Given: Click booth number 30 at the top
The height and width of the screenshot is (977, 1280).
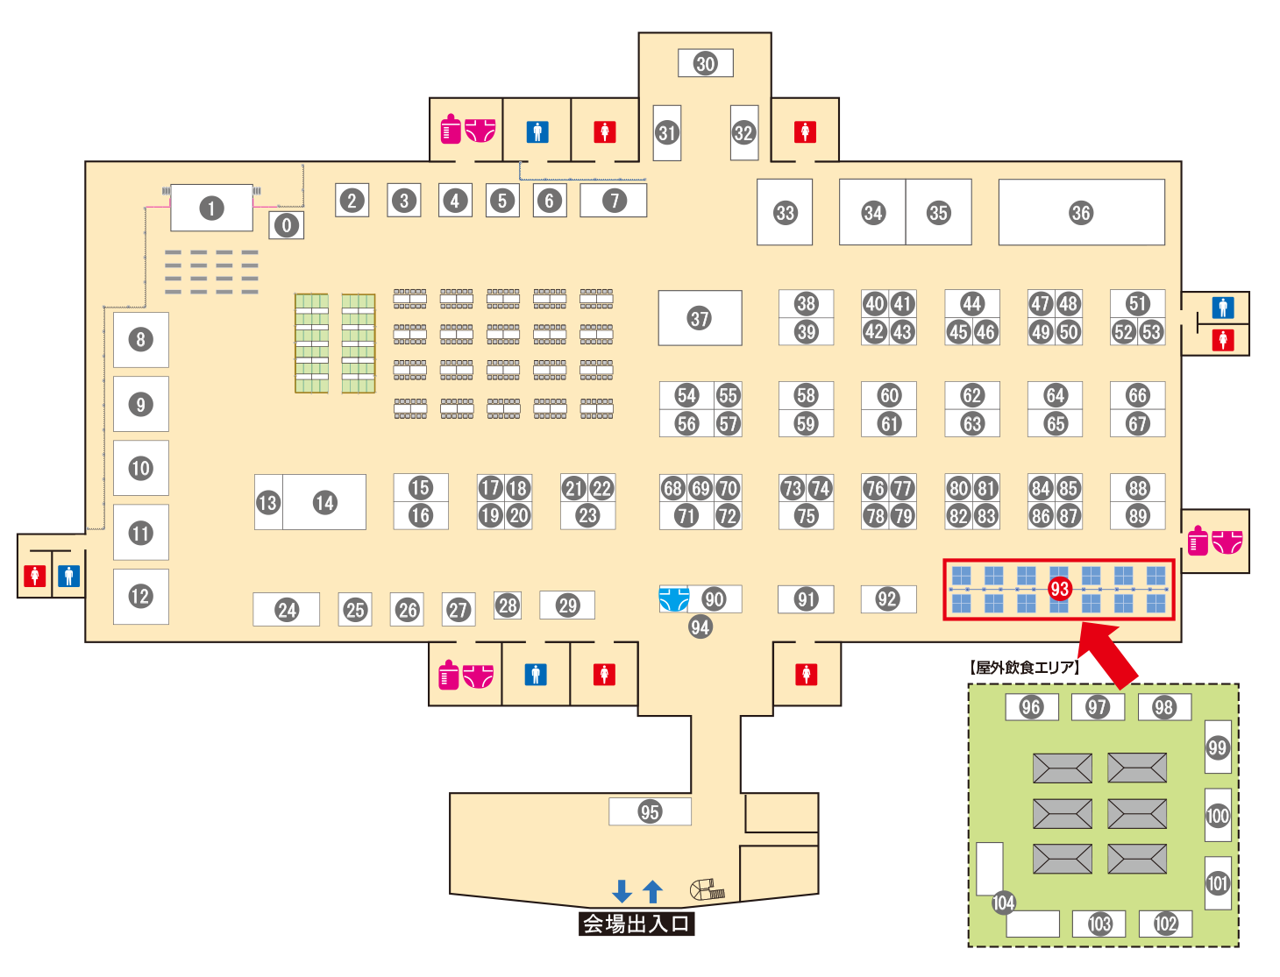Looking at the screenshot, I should click(706, 63).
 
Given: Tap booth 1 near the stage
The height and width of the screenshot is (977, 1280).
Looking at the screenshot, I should click(211, 209).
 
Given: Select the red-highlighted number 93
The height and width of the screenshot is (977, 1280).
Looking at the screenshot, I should click(1059, 589).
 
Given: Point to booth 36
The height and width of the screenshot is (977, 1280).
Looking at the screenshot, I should click(1081, 213).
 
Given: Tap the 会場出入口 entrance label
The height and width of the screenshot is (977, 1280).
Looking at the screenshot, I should click(636, 924).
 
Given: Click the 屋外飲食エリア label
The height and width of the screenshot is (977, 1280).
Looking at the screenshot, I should click(1024, 668).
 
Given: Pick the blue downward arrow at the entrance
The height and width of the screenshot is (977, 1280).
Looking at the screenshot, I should click(622, 891).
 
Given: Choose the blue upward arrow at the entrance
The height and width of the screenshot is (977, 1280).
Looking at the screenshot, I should click(652, 891).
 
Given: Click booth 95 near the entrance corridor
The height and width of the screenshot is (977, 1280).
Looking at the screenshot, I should click(650, 811).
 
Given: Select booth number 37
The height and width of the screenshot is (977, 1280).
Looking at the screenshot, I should click(700, 318).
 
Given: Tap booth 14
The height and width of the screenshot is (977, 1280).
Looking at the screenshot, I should click(325, 502).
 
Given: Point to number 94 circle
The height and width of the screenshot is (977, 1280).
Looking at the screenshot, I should click(700, 627).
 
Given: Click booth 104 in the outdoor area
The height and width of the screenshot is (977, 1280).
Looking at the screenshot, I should click(1003, 903).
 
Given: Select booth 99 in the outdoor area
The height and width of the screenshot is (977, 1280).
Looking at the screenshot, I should click(1218, 747).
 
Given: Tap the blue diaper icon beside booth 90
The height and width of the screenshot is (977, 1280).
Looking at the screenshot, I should click(673, 599).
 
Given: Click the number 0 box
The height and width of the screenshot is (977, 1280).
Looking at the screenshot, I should click(286, 225).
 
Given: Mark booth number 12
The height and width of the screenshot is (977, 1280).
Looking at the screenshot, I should click(140, 597).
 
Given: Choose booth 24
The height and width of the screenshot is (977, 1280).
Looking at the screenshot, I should click(287, 610).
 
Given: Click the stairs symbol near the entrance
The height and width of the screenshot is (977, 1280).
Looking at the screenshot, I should click(707, 890).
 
